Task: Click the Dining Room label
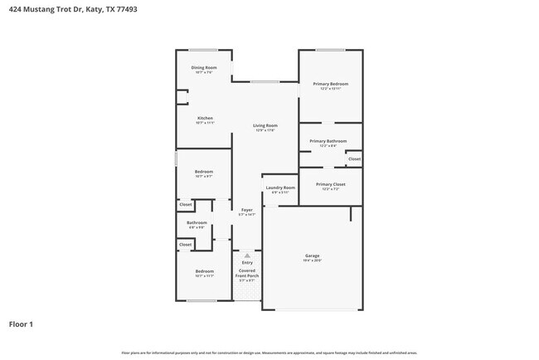(204, 67)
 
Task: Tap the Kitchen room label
(205, 118)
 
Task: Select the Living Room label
(265, 125)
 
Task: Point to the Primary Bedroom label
(330, 84)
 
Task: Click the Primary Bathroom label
(329, 141)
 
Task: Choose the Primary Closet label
(330, 184)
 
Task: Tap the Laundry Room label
(280, 187)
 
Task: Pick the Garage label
(312, 255)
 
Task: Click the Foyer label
(246, 210)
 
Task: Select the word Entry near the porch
(247, 263)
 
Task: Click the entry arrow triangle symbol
(247, 255)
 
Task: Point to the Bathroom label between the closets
(197, 222)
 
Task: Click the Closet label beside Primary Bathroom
(354, 158)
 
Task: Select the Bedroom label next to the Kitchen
(204, 172)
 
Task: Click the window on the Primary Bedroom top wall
(330, 50)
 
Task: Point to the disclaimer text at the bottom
(269, 353)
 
